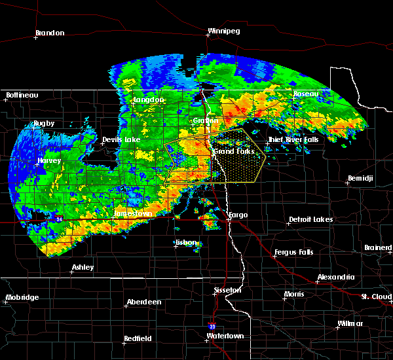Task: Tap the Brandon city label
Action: (50, 33)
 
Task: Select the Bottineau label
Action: (22, 96)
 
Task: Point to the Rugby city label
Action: (44, 124)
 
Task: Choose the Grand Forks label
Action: (233, 152)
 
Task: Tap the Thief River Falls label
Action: (293, 140)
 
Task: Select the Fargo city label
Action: (239, 215)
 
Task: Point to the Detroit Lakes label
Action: (310, 220)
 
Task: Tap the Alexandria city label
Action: (336, 278)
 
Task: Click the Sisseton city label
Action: (228, 290)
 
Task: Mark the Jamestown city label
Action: (133, 214)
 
